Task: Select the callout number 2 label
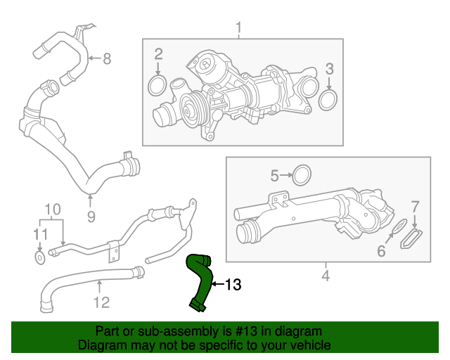coord(158,53)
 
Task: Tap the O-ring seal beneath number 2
coord(160,86)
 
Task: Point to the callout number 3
coord(328,69)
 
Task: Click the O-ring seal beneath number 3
coord(327,101)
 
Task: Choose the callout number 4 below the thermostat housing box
coord(326,276)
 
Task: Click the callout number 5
coord(275,174)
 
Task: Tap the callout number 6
coord(380,251)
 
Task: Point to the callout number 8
coord(107,59)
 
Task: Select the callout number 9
coord(91,217)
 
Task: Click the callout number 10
coord(53,209)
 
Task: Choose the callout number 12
coord(101,302)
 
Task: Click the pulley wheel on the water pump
coord(190,108)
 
